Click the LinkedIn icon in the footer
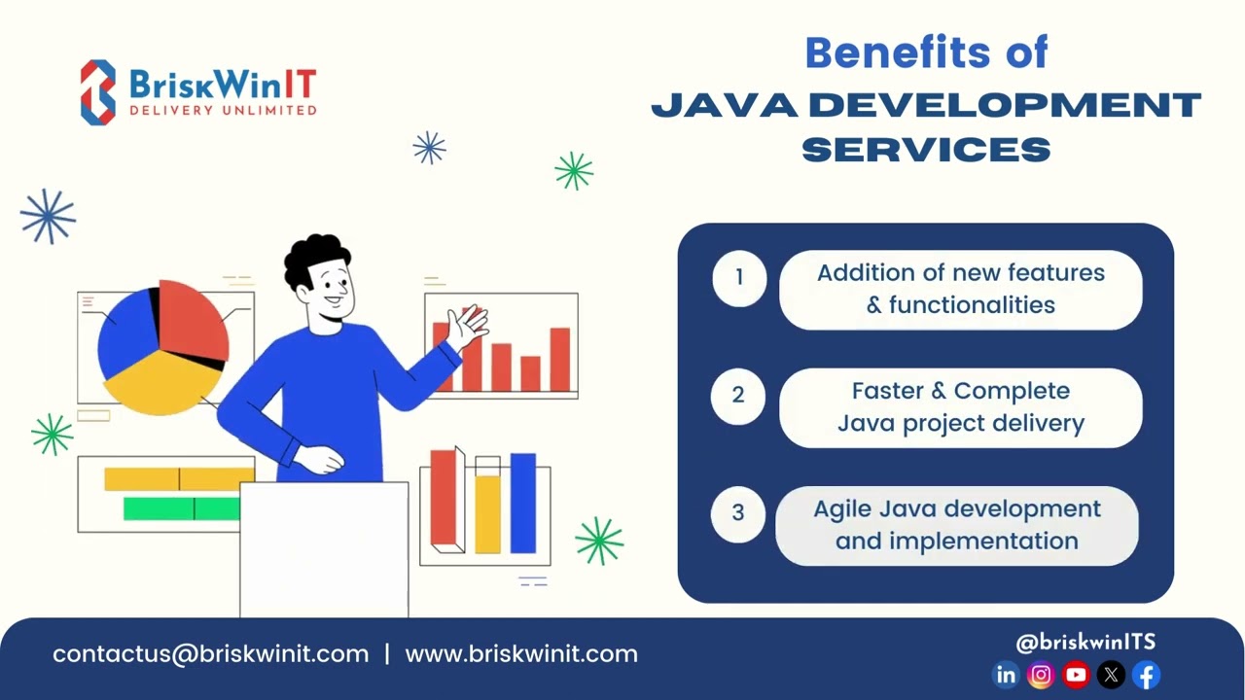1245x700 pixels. (x=1006, y=675)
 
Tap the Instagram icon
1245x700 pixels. (x=1041, y=675)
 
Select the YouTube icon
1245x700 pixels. (x=1076, y=675)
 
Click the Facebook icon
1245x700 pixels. (x=1147, y=675)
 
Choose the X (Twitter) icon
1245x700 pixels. (x=1111, y=675)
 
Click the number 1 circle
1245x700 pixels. (x=739, y=278)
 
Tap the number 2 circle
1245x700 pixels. (x=739, y=396)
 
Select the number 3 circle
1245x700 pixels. (x=738, y=512)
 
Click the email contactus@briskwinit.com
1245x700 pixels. (x=211, y=654)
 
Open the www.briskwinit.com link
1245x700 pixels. (x=521, y=654)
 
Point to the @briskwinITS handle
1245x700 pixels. (x=1085, y=642)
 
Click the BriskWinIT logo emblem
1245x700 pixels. (x=98, y=92)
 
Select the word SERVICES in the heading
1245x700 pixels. (x=926, y=149)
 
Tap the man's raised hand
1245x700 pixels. (x=468, y=327)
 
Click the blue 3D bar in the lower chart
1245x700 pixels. (x=523, y=503)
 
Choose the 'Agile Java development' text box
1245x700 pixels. (x=957, y=525)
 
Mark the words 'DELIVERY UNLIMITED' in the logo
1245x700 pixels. (x=223, y=110)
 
